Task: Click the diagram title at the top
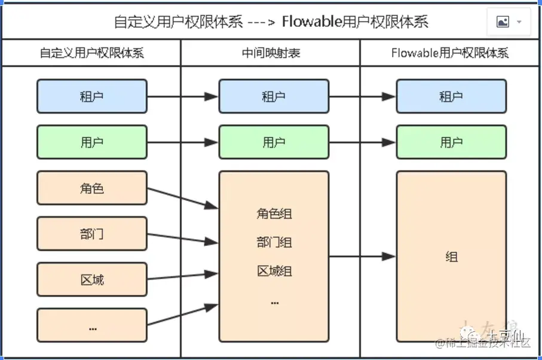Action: [271, 22]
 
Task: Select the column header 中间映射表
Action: [271, 53]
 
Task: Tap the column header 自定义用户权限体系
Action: [91, 53]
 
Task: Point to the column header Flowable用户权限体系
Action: [450, 53]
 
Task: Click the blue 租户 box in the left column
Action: [91, 96]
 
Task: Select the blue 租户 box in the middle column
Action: [274, 96]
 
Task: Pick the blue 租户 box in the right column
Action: [451, 96]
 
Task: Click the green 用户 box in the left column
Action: [91, 142]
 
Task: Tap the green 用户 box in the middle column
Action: [274, 142]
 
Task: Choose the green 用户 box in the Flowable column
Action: [451, 142]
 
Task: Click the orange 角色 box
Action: [91, 188]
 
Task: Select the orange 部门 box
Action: [91, 234]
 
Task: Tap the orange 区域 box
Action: [91, 280]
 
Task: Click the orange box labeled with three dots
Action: [91, 326]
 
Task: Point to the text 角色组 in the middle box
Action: [274, 214]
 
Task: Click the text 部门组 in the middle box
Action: [274, 243]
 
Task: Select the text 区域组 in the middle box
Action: [274, 271]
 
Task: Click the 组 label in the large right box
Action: [451, 257]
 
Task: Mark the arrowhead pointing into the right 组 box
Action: [389, 257]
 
